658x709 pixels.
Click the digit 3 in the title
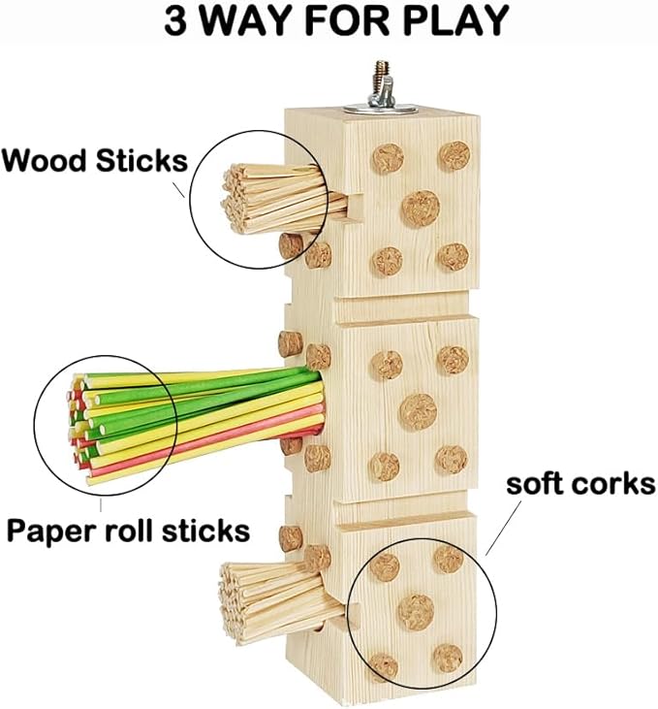[177, 20]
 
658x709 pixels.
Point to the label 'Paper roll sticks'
[128, 531]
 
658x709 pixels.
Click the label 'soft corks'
[580, 484]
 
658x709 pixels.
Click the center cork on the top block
[421, 207]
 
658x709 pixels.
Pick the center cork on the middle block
[419, 410]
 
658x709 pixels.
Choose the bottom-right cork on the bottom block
[447, 659]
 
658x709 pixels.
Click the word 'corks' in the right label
[616, 484]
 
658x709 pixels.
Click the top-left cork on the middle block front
[386, 366]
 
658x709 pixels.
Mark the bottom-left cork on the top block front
[388, 260]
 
